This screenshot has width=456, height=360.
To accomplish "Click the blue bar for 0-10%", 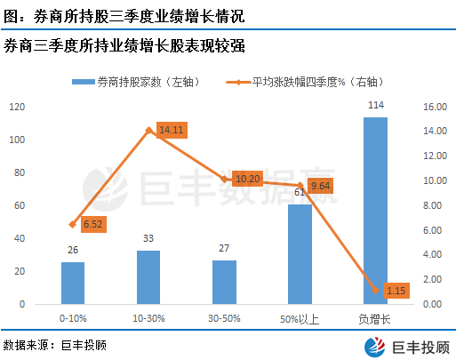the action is pos(73,283).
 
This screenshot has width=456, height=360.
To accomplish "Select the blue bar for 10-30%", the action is pos(148,277).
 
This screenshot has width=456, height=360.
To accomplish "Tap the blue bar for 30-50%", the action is pos(224,282).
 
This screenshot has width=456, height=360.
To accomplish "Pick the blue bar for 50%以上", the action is pos(300,254).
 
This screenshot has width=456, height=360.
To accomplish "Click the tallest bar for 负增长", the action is pos(375,211).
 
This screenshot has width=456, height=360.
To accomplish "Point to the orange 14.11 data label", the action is pos(172,130).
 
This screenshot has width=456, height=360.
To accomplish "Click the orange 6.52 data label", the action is pos(93,224).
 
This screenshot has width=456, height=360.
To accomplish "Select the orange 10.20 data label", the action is pos(247,179).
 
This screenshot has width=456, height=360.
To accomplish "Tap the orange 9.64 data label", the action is pos(320,186).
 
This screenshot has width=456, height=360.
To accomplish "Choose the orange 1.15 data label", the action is pos(396,291).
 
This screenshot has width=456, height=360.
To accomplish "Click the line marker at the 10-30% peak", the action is pos(148,130).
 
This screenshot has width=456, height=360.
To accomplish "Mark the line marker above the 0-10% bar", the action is pos(73,225).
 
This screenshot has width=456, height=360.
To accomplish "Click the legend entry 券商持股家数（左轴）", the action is pos(135,82).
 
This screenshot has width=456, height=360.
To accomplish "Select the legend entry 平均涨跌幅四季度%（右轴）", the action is pos(305,82).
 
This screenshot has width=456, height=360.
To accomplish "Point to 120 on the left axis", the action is pos(17,107).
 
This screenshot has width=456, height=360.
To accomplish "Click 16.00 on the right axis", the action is pos(435,107).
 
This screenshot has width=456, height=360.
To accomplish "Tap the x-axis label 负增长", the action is pos(374,319).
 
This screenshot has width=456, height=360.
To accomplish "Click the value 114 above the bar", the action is pos(376,105).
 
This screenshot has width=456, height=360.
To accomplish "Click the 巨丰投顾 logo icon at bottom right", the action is pos(375,347).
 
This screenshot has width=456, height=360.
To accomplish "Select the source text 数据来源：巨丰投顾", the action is pos(55,345).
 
